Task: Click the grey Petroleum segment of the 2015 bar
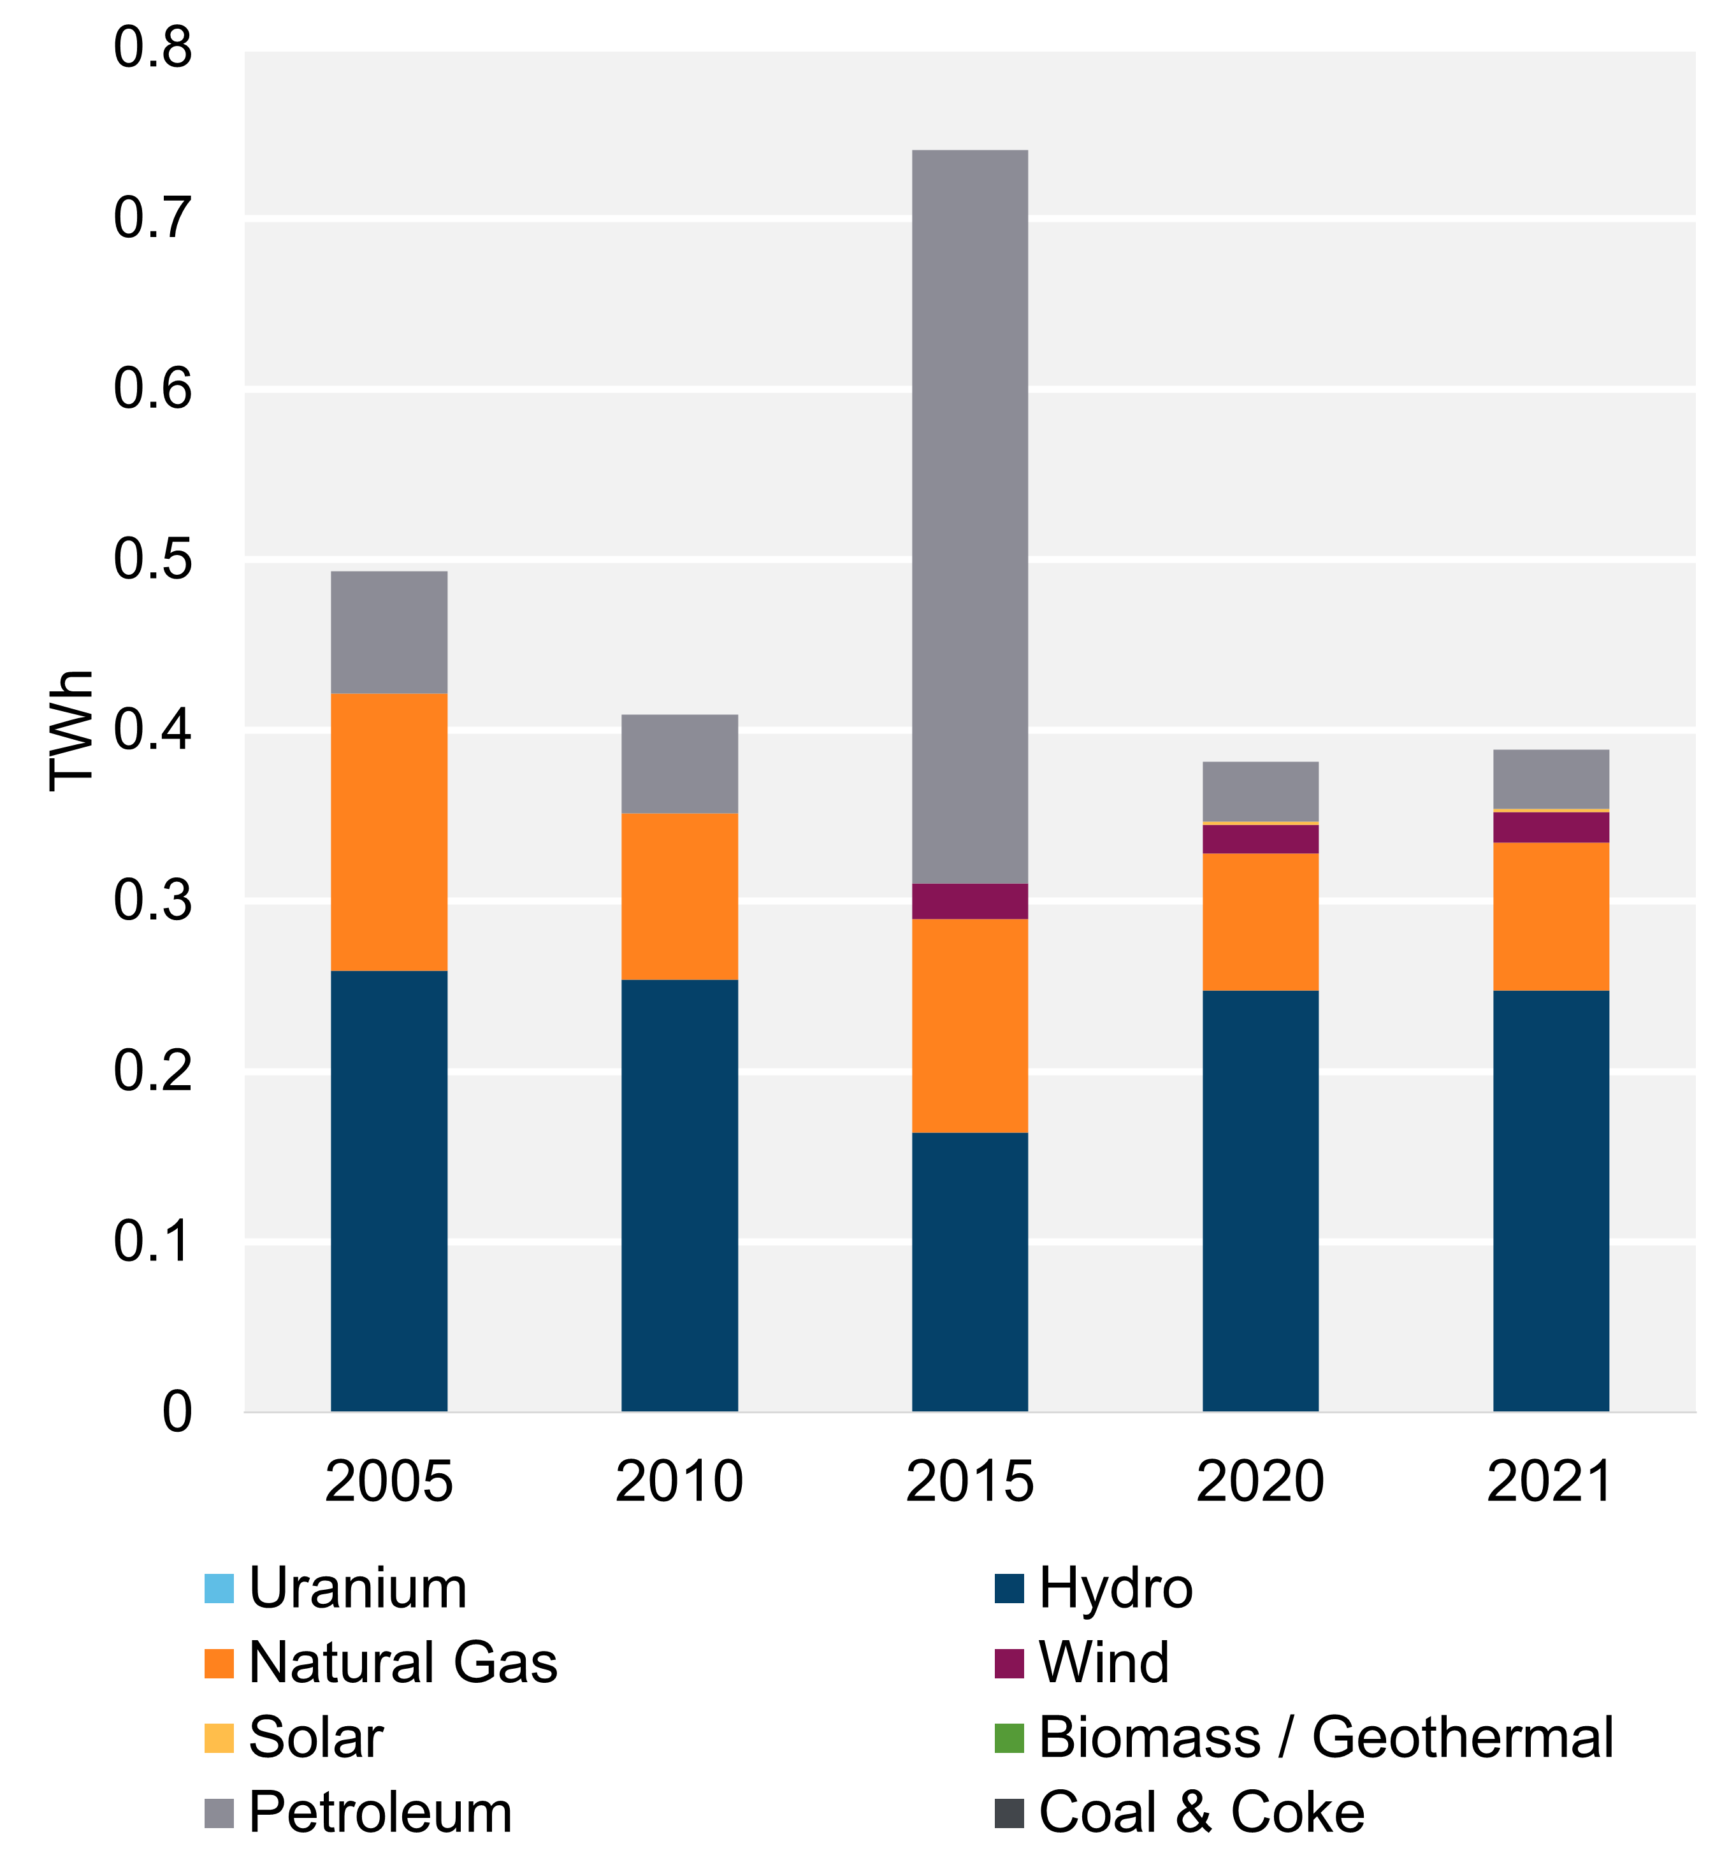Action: pos(969,515)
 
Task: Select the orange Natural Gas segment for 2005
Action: pos(389,832)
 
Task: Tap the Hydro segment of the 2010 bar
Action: pos(679,1195)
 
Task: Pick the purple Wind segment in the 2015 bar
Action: pos(969,901)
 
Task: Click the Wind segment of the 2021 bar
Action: pos(1551,827)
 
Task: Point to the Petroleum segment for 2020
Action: pos(1260,791)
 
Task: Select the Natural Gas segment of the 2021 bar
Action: pos(1551,916)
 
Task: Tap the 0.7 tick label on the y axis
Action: pos(152,218)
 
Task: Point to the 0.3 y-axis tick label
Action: pos(152,900)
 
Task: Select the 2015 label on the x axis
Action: pos(969,1481)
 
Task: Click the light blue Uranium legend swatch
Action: pos(219,1589)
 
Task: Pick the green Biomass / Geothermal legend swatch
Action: pos(1009,1738)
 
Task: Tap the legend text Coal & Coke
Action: pos(1201,1812)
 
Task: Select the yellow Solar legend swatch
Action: pos(219,1738)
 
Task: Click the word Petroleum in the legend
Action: pos(380,1812)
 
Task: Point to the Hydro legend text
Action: pos(1115,1589)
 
